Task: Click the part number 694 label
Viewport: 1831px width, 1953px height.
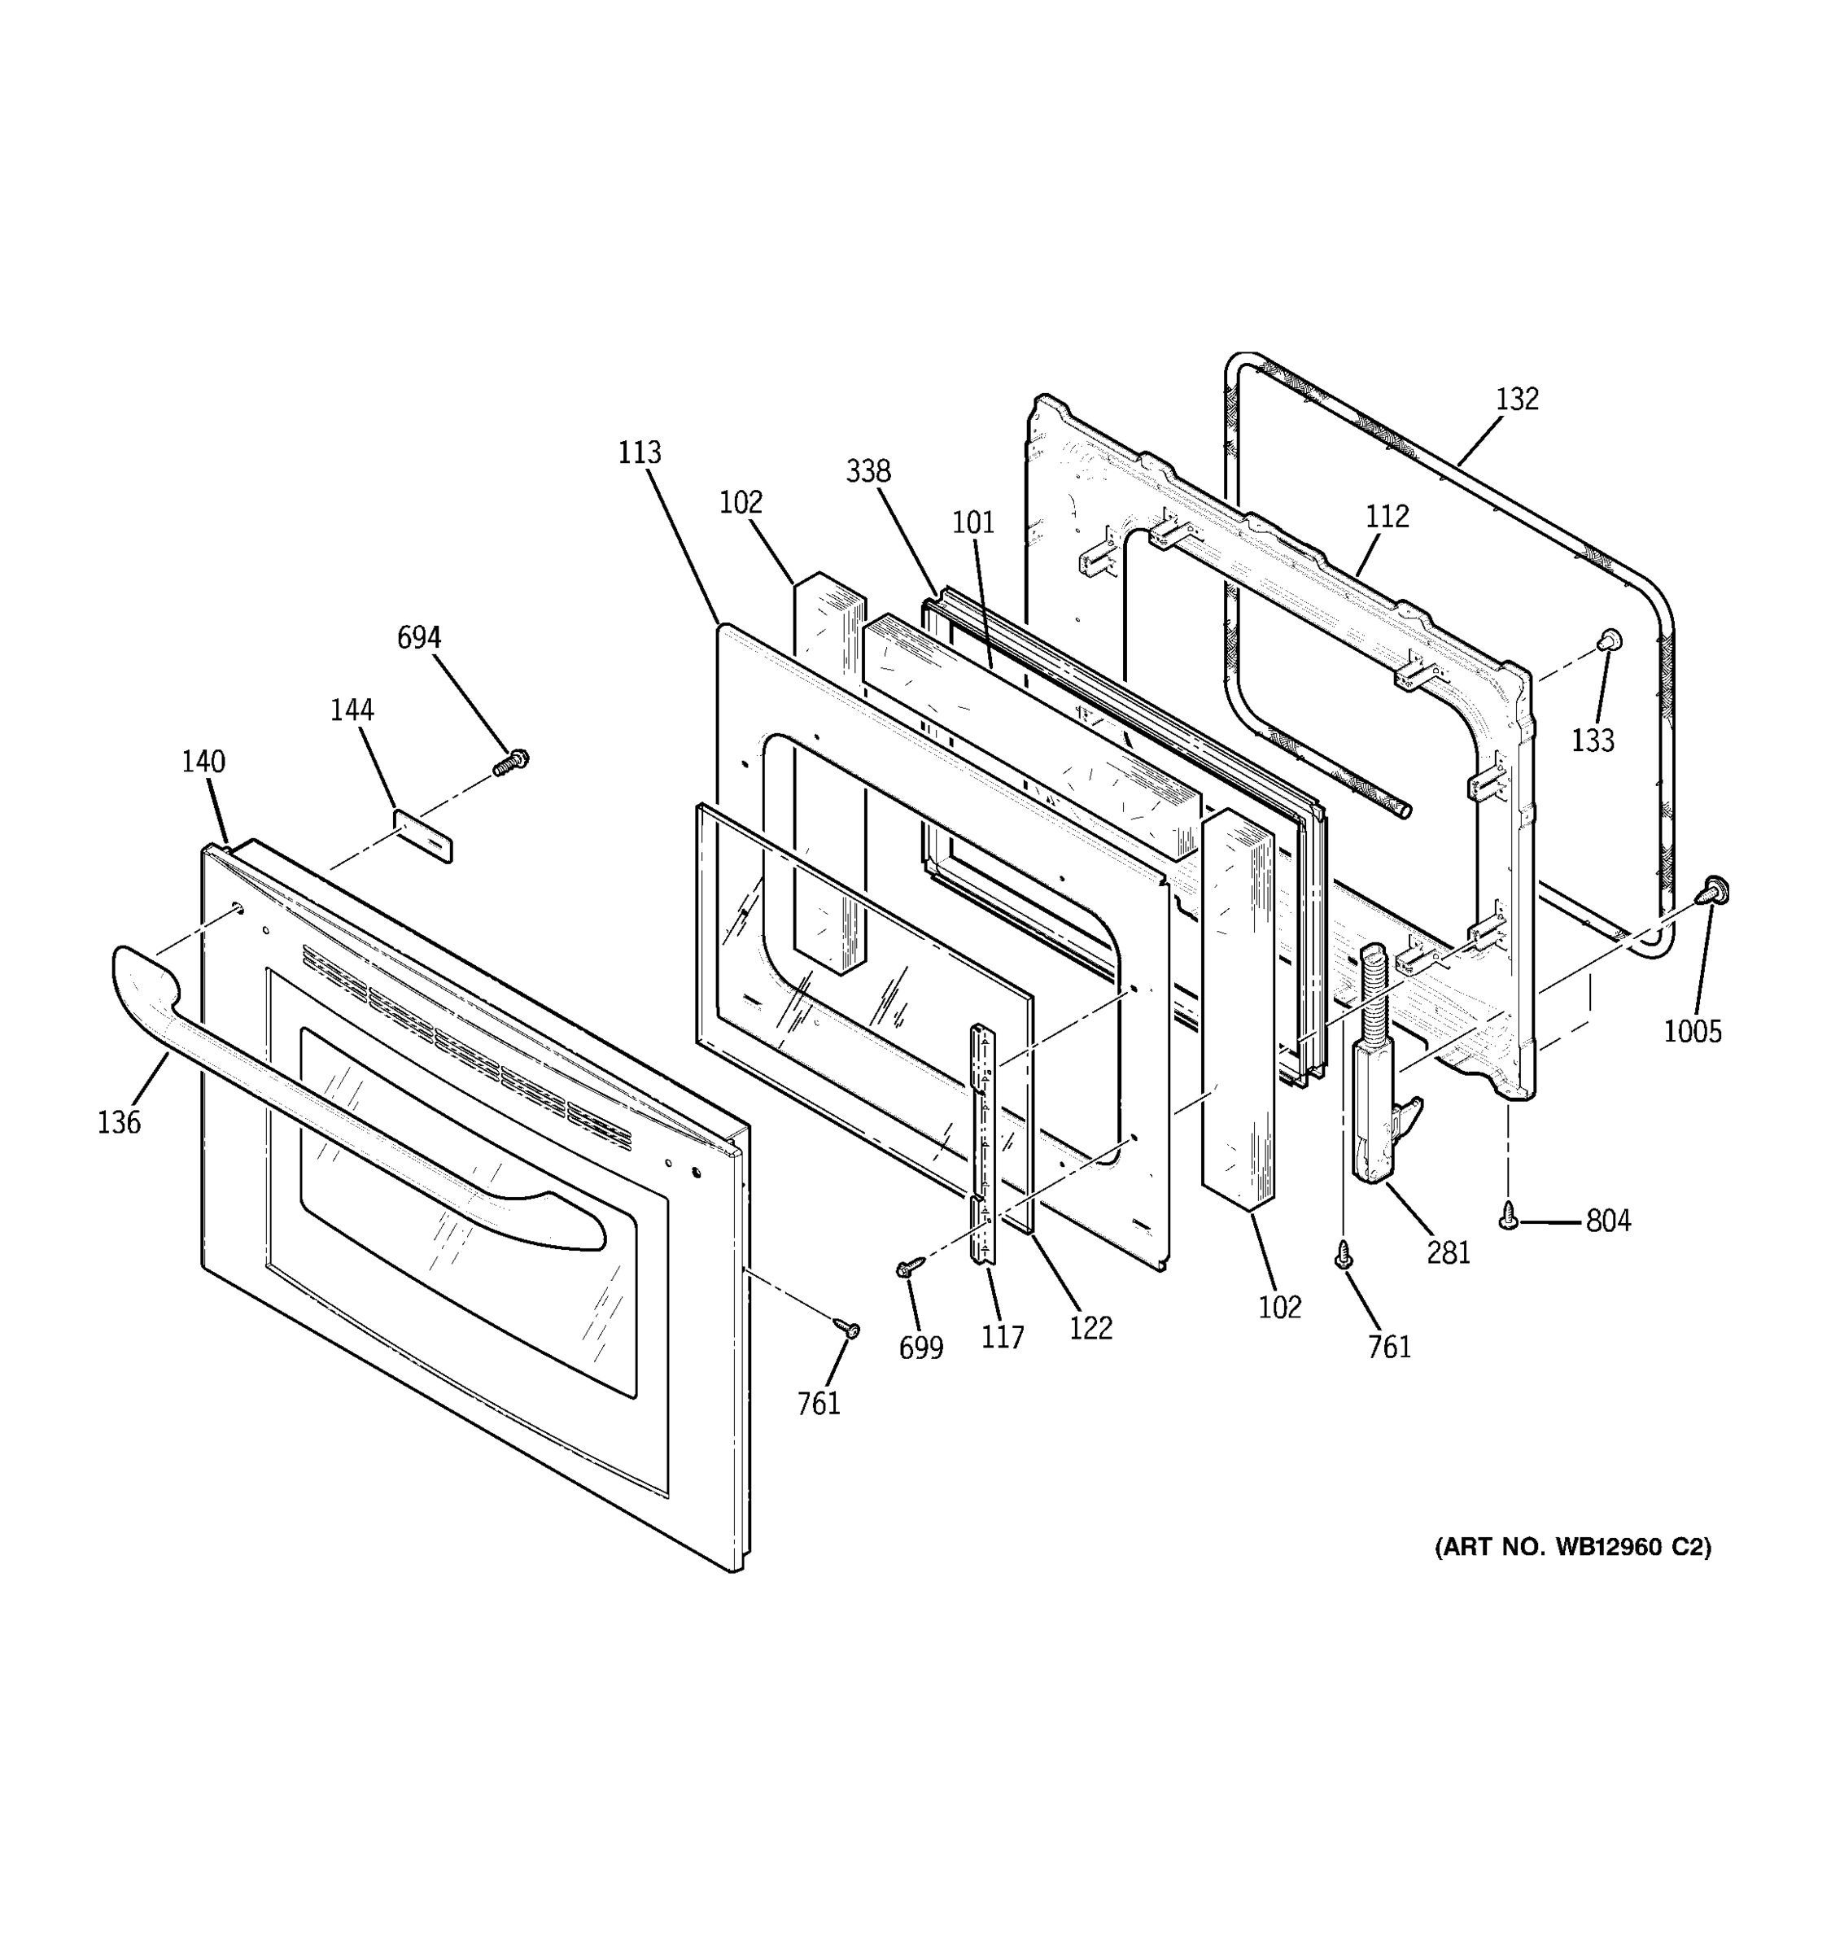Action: (418, 638)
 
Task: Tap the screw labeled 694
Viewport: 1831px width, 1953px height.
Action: (511, 762)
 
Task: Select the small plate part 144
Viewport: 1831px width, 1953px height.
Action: (423, 836)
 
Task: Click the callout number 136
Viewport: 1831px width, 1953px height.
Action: (119, 1122)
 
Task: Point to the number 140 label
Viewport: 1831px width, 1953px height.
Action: (203, 762)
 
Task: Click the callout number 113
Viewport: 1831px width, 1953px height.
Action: (640, 453)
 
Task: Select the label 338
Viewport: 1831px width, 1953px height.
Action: (868, 471)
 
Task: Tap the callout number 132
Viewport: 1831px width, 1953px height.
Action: (1517, 399)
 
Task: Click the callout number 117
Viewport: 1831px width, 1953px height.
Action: (1002, 1337)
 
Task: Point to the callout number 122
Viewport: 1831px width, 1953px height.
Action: (1090, 1328)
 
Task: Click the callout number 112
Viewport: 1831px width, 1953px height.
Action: (1387, 516)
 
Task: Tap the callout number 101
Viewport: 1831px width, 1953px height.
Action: (973, 522)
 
